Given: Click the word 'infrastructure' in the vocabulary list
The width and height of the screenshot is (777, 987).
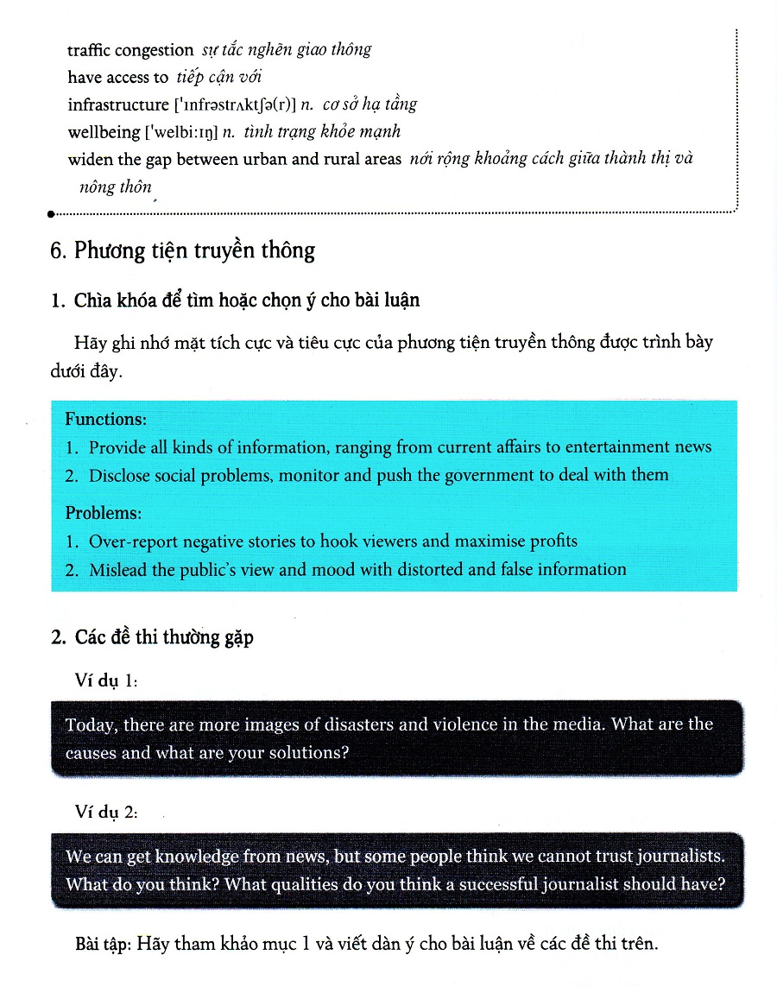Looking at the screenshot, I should tap(117, 105).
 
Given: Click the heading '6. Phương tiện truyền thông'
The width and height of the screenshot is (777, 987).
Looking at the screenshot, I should tap(182, 250).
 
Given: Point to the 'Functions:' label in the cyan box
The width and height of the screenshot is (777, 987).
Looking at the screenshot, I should tap(106, 420).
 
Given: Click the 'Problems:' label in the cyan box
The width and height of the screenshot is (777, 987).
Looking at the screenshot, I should tap(103, 513).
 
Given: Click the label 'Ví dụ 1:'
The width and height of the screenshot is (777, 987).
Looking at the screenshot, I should tap(106, 681).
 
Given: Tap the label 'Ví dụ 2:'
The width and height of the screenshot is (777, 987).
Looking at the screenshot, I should tap(106, 813).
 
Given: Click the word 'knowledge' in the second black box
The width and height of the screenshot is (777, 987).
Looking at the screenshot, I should tap(197, 857).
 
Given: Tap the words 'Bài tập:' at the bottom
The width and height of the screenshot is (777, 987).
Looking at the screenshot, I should tap(106, 944).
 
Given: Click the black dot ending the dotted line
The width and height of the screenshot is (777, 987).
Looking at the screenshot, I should tap(52, 212).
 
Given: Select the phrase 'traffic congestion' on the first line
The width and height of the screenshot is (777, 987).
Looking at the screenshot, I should tap(130, 50).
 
